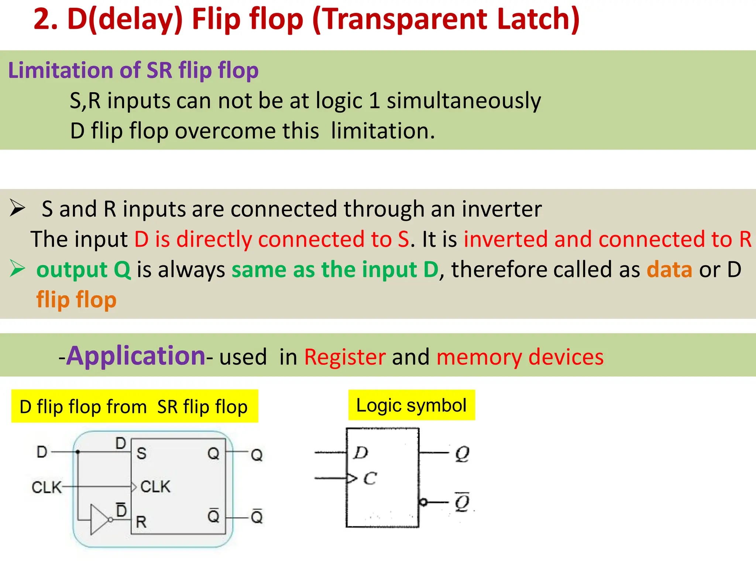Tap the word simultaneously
tap(464, 101)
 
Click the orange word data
tap(669, 269)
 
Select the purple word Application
tap(135, 356)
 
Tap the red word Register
tap(345, 357)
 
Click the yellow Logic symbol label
tap(411, 405)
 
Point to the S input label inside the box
tap(141, 453)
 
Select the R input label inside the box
tap(141, 522)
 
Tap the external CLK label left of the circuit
tap(46, 487)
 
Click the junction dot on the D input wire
tap(78, 451)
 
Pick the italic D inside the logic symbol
tap(361, 453)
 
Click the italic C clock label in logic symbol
tap(370, 479)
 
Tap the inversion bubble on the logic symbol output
tap(423, 502)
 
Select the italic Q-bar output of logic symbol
tap(462, 502)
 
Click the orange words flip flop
tap(76, 300)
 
